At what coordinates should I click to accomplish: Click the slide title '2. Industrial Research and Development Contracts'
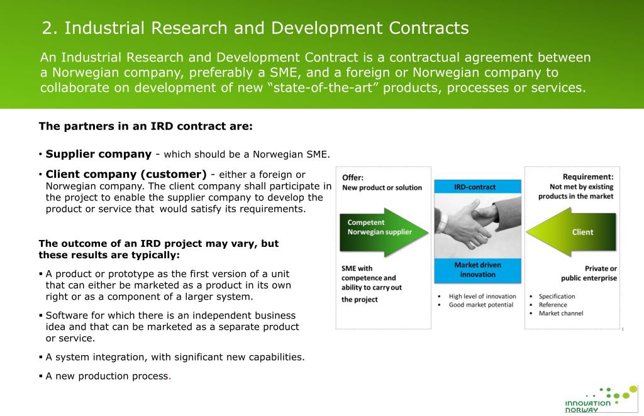(255, 28)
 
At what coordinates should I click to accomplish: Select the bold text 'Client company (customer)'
(126, 174)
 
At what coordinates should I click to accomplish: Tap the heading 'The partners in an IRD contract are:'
(145, 126)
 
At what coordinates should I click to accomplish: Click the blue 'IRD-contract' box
(477, 187)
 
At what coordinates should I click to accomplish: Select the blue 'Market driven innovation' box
(477, 270)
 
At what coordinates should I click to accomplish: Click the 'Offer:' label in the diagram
(353, 177)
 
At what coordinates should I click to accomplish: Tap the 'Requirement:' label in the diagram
(587, 177)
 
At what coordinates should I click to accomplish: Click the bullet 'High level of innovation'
(482, 297)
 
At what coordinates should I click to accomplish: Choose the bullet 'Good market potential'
(480, 305)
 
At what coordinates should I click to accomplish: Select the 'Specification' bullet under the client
(557, 297)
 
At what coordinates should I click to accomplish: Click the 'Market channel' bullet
(560, 314)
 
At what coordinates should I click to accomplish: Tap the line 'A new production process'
(107, 376)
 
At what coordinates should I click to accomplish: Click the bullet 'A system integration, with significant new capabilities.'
(175, 357)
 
